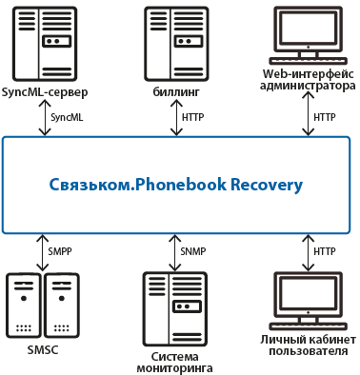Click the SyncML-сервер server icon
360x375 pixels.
coord(45,44)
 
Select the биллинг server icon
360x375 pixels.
coord(176,44)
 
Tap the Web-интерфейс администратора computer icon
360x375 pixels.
coord(308,35)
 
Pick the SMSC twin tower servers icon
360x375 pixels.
coord(43,306)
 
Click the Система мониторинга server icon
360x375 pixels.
coord(175,309)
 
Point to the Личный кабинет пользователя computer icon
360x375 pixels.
coord(308,301)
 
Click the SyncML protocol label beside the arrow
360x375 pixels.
coord(67,117)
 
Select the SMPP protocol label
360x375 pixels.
coord(60,251)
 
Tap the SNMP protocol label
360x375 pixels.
coord(193,251)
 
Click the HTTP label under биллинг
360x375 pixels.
coord(192,117)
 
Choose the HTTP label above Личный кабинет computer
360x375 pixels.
coord(325,251)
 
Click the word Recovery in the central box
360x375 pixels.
coord(267,186)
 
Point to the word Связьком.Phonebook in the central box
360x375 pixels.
coord(138,185)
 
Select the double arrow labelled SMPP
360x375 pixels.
coord(42,252)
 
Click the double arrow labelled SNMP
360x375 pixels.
coord(174,252)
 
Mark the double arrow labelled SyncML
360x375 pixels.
coord(45,118)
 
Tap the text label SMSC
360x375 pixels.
coord(43,350)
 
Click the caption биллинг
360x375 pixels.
coord(176,92)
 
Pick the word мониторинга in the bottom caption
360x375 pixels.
coord(174,368)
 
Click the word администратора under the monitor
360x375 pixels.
coord(308,86)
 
